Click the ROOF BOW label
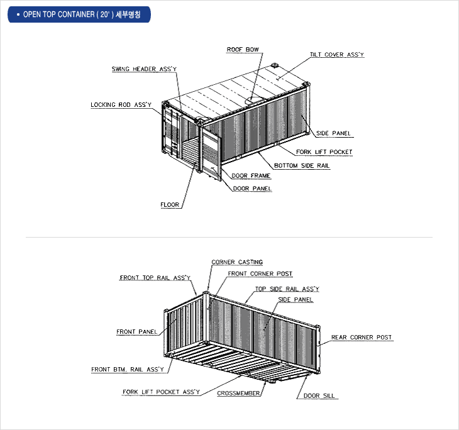[x=243, y=50]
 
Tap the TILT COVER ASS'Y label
[x=337, y=55]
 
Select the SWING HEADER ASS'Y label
[x=144, y=69]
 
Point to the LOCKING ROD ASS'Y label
[x=121, y=105]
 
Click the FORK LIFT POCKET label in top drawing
[x=324, y=152]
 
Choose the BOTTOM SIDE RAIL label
[x=302, y=166]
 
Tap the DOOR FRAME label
[x=251, y=175]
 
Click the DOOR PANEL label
[x=252, y=189]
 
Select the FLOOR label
[x=170, y=204]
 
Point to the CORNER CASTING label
[x=237, y=262]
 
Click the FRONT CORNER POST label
[x=260, y=273]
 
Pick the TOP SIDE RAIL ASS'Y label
[x=287, y=289]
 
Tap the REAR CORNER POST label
[x=362, y=337]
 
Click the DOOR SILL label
[x=319, y=396]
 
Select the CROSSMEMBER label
[x=238, y=393]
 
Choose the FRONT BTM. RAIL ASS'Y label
[x=128, y=370]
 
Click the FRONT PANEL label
[x=136, y=332]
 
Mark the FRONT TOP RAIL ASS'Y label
[x=155, y=277]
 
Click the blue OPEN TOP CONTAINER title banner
[x=79, y=14]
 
